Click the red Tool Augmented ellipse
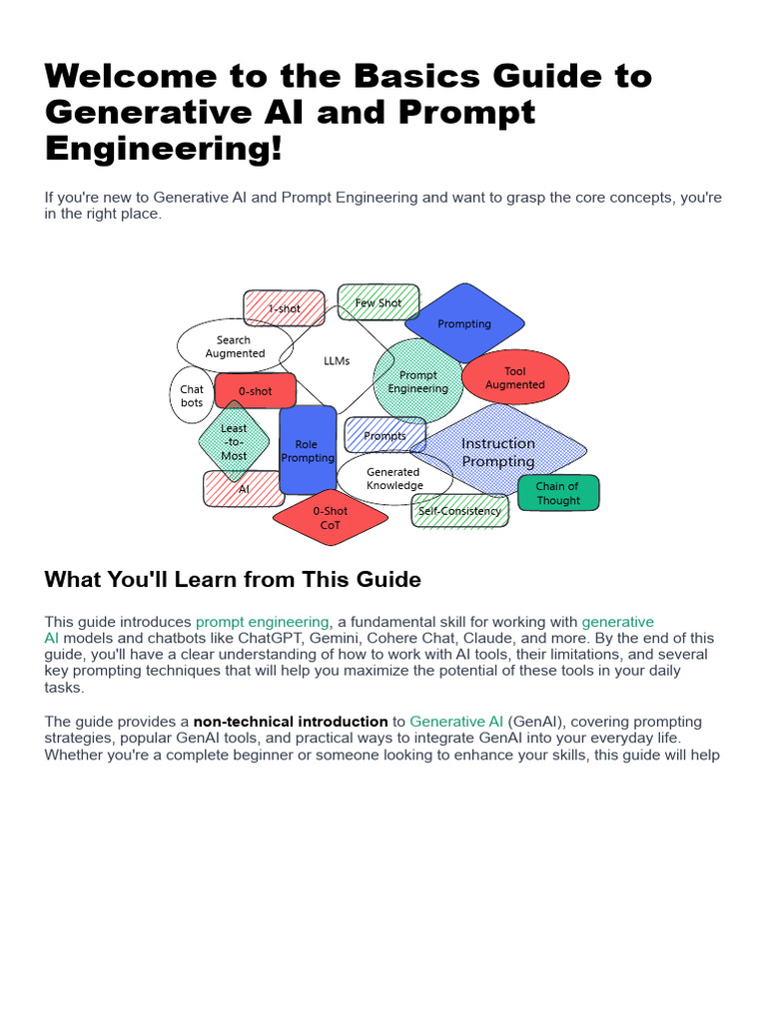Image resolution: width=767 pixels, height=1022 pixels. (x=515, y=378)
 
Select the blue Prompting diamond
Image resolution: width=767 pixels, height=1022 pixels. (x=464, y=322)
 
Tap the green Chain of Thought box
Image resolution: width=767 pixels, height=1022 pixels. (x=558, y=493)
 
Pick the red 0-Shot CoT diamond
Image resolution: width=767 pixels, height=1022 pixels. (x=331, y=517)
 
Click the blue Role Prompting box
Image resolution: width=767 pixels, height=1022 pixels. (x=308, y=450)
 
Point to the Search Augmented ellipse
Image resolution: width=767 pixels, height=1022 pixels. (x=235, y=346)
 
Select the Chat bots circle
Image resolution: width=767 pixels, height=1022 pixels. (x=192, y=396)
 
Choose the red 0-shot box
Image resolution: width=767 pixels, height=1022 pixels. (x=256, y=391)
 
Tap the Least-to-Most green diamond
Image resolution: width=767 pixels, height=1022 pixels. (x=234, y=441)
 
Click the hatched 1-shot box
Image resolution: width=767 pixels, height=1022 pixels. (x=285, y=308)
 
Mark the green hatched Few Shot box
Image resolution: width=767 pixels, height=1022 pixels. (x=379, y=302)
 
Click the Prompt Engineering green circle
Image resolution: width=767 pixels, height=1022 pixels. (x=417, y=381)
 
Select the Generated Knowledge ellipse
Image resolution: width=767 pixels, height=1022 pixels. (x=394, y=478)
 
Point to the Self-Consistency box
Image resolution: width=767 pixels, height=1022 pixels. (x=460, y=511)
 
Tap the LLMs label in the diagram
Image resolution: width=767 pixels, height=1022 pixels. (x=338, y=360)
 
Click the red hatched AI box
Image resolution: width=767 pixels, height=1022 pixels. (x=244, y=489)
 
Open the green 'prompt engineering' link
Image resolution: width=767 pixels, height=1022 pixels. (x=262, y=622)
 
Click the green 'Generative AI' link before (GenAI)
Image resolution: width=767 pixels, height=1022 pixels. (x=456, y=721)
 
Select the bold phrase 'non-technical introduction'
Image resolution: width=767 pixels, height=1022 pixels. (x=291, y=721)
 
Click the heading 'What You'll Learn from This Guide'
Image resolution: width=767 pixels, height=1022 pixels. (x=233, y=579)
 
